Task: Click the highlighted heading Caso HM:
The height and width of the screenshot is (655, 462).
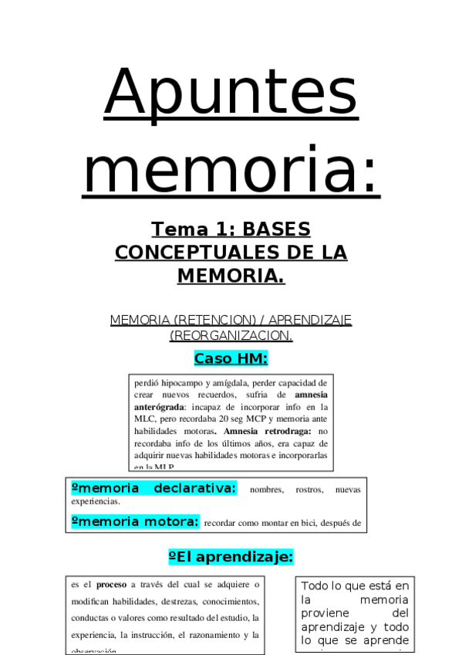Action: coord(231,358)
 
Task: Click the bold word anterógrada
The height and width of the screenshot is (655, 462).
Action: coord(159,406)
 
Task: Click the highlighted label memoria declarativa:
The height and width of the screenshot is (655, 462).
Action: coord(153,488)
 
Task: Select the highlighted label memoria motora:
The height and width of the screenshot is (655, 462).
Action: coord(135,521)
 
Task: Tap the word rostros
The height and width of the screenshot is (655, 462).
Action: coord(305,490)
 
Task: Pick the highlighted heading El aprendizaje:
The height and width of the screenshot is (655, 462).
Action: coord(231,557)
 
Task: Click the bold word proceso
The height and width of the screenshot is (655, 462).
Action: coord(111,585)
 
